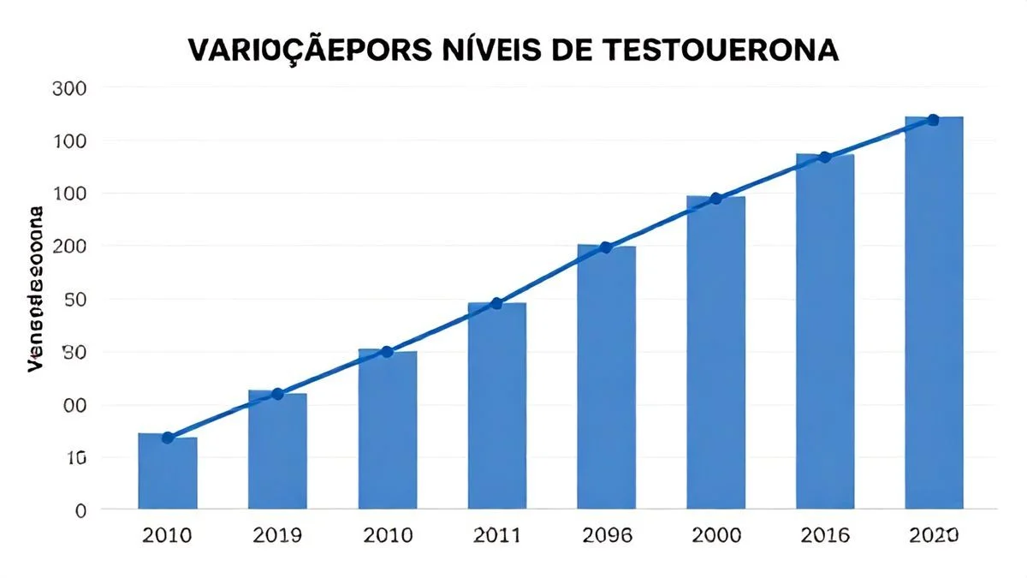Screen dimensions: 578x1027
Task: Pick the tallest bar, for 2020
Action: pyautogui.click(x=934, y=313)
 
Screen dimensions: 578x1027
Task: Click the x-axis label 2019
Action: pyautogui.click(x=277, y=536)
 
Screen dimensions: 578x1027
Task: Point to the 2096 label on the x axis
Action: pyautogui.click(x=606, y=536)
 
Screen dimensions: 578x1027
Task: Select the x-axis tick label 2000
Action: pyautogui.click(x=715, y=536)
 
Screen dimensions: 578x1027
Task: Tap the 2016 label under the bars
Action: pyautogui.click(x=825, y=536)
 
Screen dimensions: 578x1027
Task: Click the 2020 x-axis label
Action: pyautogui.click(x=934, y=536)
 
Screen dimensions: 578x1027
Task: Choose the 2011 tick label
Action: pyautogui.click(x=496, y=536)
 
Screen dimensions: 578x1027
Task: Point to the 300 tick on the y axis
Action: pyautogui.click(x=69, y=87)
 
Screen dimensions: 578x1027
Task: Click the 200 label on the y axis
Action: pyautogui.click(x=69, y=247)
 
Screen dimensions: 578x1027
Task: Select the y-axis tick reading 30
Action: pyautogui.click(x=74, y=352)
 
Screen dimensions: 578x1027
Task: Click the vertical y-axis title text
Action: pyautogui.click(x=37, y=289)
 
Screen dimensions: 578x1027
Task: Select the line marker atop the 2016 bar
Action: pyautogui.click(x=825, y=158)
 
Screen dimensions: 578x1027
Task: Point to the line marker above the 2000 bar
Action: pyautogui.click(x=716, y=199)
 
